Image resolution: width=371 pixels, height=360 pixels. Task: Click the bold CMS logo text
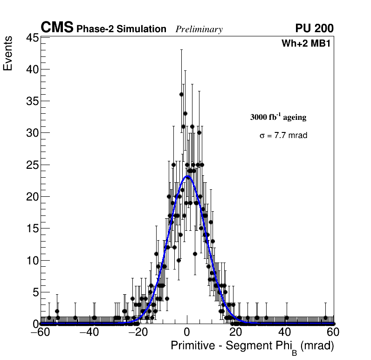(57, 28)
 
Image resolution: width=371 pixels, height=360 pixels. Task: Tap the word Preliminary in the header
(199, 29)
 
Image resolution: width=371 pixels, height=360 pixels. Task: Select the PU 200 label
(314, 28)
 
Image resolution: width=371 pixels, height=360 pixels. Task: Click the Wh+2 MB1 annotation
(308, 44)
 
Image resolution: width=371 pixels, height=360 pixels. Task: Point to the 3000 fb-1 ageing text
(278, 117)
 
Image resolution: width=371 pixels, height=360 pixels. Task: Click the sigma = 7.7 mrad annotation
(283, 136)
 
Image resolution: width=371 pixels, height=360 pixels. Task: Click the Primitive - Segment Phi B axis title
(252, 346)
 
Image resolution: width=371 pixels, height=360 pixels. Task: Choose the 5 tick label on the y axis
(34, 292)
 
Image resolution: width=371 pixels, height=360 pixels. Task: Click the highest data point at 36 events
(181, 95)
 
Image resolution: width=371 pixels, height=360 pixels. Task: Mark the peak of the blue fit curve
(188, 176)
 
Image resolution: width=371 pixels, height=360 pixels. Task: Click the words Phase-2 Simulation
(121, 29)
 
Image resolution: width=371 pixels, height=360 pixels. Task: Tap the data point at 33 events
(185, 114)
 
